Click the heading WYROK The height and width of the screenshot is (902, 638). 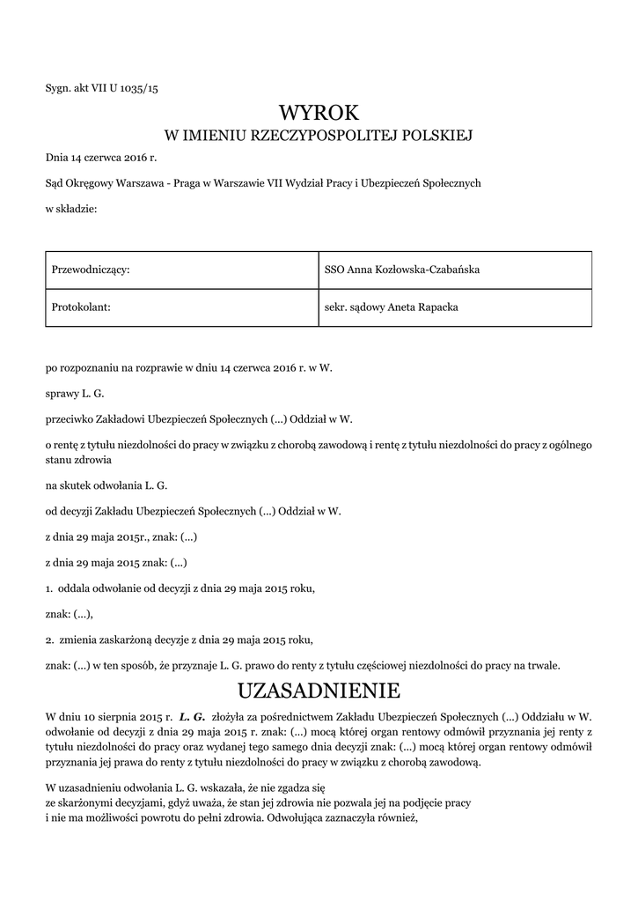click(x=319, y=112)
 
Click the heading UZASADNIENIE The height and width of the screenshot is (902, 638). click(x=319, y=688)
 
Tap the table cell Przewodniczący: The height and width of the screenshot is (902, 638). click(x=92, y=270)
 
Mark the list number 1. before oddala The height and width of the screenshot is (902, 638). click(x=49, y=588)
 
